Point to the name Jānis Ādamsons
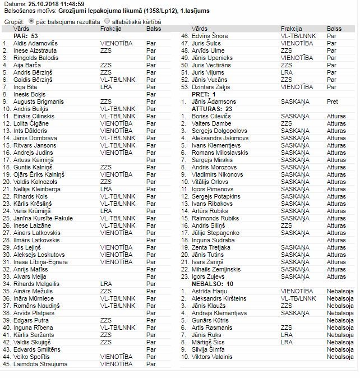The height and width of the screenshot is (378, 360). pos(214,102)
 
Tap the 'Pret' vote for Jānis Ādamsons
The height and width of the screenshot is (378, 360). pos(332,102)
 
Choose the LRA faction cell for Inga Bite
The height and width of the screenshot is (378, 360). pos(106,87)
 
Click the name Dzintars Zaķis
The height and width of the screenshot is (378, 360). pos(209,87)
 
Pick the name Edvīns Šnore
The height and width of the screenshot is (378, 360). pos(209,36)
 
